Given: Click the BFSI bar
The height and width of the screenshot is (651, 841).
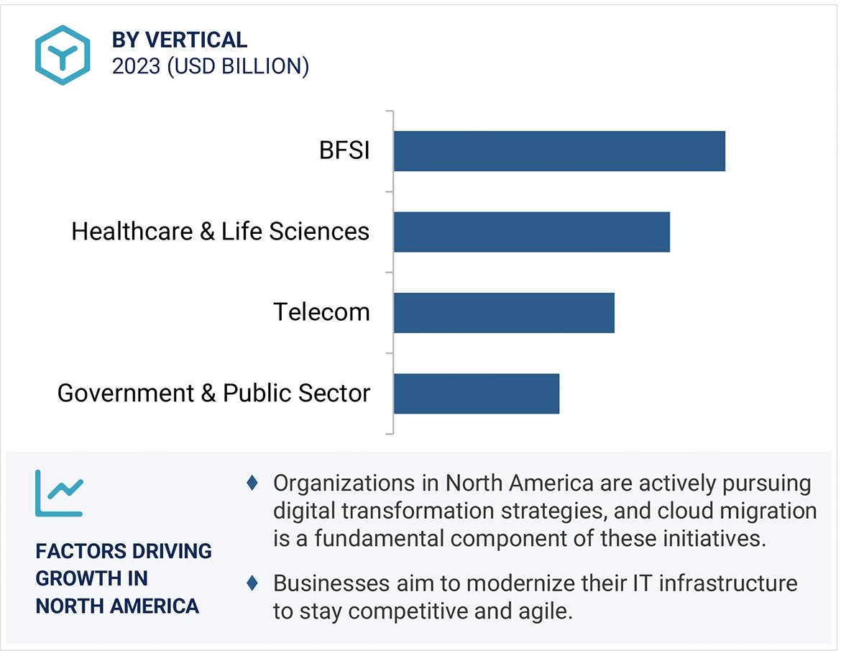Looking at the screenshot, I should coord(559,151).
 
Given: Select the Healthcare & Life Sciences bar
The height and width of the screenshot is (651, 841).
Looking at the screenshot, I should coord(532,232).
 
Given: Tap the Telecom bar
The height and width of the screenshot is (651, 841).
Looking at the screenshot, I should coord(504,312).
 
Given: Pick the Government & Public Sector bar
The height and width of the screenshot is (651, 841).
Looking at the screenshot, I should coord(477,393).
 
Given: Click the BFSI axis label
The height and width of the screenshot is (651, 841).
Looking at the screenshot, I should coord(344,151).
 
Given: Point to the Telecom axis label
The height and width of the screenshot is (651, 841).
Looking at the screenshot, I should coord(321,312).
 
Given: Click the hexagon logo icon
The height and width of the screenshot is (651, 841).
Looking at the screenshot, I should coord(63,55).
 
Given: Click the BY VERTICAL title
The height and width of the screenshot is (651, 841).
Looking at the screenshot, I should coord(180,40).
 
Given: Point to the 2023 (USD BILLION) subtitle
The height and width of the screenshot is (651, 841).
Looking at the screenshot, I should coord(211,66).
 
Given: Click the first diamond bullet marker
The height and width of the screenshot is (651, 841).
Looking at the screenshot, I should coord(252,483).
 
